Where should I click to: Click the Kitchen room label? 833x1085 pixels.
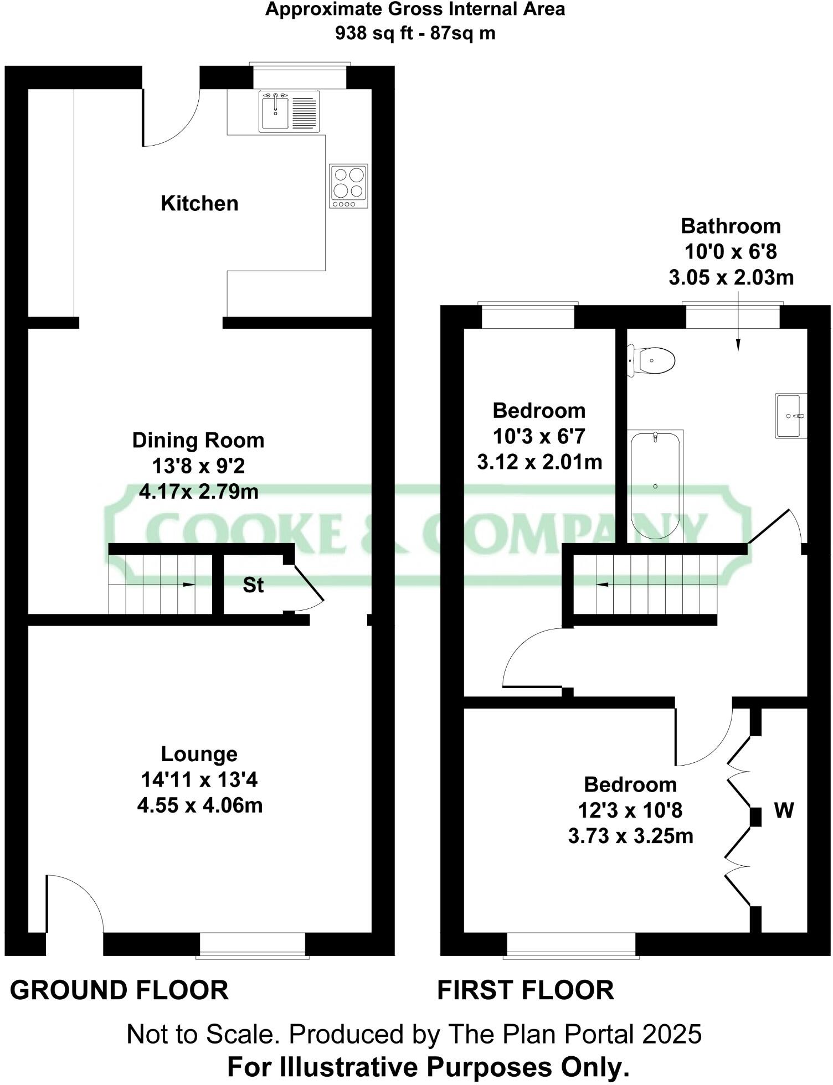[x=199, y=204]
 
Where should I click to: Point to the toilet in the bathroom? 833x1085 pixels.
[x=652, y=360]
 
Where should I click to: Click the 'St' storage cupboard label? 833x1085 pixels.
[x=253, y=585]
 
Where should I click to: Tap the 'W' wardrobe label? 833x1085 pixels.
[x=784, y=810]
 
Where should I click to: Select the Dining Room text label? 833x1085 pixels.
[x=198, y=441]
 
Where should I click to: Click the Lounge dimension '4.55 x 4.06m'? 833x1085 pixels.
[x=199, y=805]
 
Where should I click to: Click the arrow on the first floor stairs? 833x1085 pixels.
[x=603, y=585]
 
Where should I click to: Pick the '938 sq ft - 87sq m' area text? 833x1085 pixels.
[x=415, y=34]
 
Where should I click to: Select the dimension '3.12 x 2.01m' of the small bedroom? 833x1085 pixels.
[x=539, y=462]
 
